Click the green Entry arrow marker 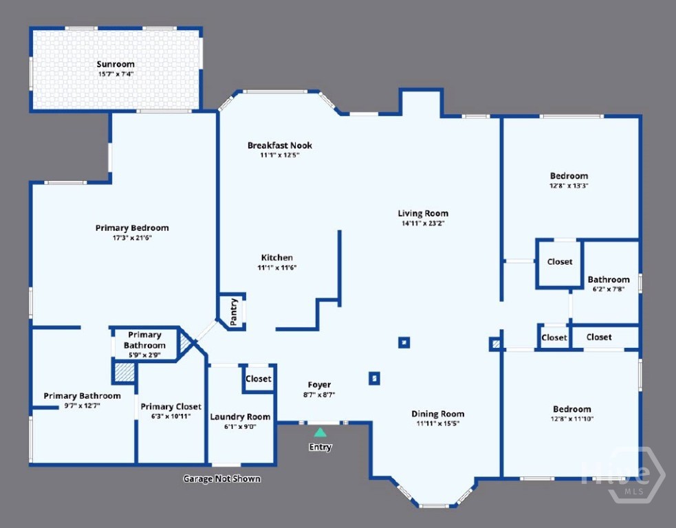[320, 432]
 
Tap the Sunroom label [116, 64]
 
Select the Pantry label [234, 311]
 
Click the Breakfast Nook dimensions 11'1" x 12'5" [280, 155]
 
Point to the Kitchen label [276, 257]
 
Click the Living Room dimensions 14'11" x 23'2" [423, 223]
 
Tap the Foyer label [320, 384]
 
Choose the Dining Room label [438, 414]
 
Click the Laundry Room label [240, 417]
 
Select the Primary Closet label [171, 406]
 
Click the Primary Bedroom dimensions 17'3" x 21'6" [132, 237]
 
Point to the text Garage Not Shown [222, 478]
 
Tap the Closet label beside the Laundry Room [259, 378]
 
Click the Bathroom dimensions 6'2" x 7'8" [609, 289]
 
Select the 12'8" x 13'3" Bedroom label [569, 176]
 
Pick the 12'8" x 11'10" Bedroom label [572, 409]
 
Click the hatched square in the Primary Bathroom [124, 372]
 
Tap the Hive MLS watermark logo [622, 474]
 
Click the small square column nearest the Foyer [374, 378]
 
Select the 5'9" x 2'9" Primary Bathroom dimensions [145, 355]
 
